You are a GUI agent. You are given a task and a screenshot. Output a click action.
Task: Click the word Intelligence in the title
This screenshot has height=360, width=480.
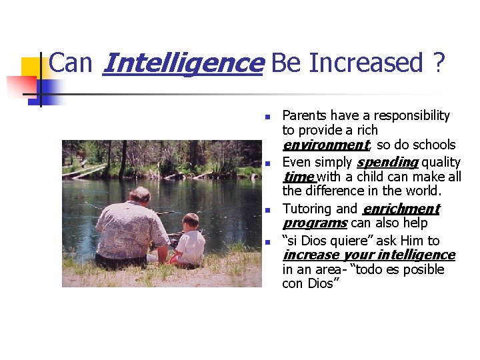[x=183, y=63]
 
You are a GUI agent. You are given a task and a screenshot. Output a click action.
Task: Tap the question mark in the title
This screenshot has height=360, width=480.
[x=438, y=63]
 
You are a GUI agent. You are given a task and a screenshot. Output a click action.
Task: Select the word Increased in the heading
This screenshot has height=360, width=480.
[x=365, y=63]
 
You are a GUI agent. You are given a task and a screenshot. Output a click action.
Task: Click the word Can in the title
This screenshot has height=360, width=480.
[x=71, y=63]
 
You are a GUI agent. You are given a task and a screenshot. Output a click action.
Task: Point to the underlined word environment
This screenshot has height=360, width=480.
[x=325, y=145]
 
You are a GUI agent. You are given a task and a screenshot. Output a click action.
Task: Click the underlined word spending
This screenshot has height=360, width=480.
[x=387, y=162]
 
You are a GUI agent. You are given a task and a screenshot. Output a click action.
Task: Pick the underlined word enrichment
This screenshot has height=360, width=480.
[x=401, y=209]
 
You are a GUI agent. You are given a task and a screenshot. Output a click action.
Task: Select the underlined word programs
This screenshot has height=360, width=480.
[x=314, y=223]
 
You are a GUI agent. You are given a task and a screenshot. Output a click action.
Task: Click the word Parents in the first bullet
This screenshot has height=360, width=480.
[x=303, y=115]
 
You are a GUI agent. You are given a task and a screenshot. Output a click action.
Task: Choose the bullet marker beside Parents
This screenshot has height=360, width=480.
[x=266, y=117]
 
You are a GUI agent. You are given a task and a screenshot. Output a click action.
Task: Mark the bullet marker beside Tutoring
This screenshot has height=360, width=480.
[x=266, y=210]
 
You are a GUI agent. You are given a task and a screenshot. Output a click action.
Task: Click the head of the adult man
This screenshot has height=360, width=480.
[x=139, y=195]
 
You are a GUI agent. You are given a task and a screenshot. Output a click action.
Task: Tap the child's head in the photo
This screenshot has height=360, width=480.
[x=191, y=221]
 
